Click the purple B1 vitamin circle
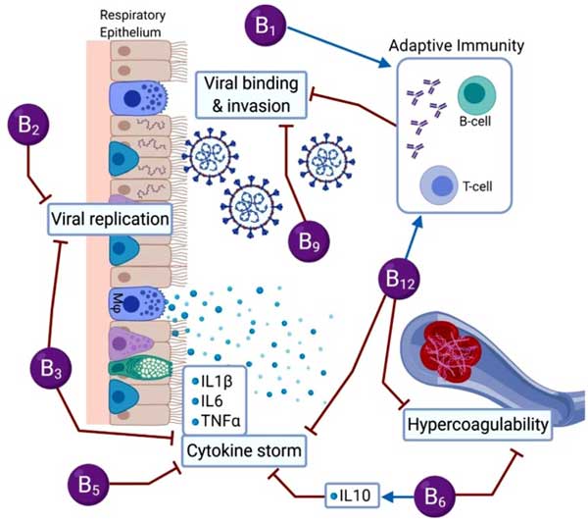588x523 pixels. pyautogui.click(x=266, y=26)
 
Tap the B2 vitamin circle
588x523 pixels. pyautogui.click(x=28, y=125)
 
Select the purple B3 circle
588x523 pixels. pyautogui.click(x=51, y=368)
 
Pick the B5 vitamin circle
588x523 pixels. pyautogui.click(x=89, y=485)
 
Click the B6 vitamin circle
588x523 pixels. pyautogui.click(x=434, y=497)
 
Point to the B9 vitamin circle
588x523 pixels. pyautogui.click(x=309, y=241)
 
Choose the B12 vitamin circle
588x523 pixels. pyautogui.click(x=399, y=279)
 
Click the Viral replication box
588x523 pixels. pyautogui.click(x=110, y=219)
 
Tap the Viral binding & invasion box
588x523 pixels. pyautogui.click(x=251, y=95)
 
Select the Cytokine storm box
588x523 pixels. pyautogui.click(x=244, y=451)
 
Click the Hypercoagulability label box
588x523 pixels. pyautogui.click(x=478, y=425)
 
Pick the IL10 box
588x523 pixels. pyautogui.click(x=352, y=496)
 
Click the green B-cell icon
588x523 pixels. pyautogui.click(x=476, y=95)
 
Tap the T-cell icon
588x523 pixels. pyautogui.click(x=438, y=185)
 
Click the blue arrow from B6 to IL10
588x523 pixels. pyautogui.click(x=398, y=497)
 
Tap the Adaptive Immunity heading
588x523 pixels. pyautogui.click(x=457, y=46)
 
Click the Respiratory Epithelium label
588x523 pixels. pyautogui.click(x=132, y=24)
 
